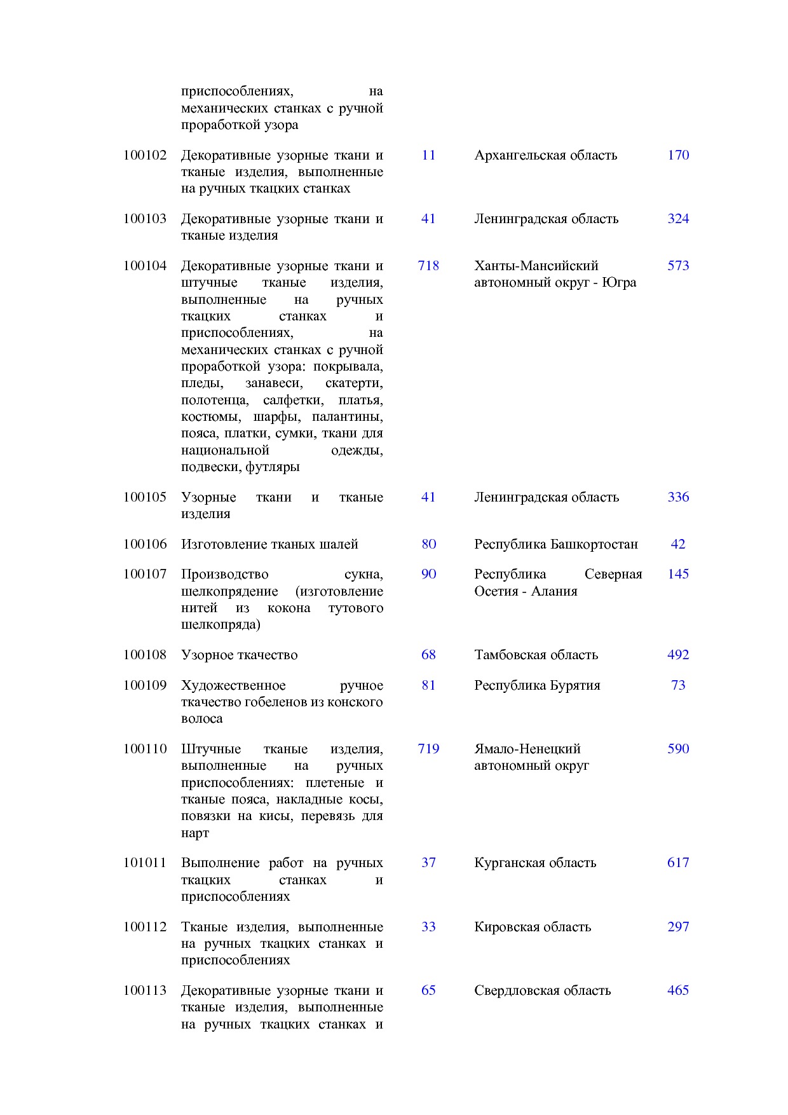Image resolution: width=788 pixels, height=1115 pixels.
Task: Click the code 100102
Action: tap(145, 155)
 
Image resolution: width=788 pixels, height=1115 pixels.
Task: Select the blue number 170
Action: tap(678, 155)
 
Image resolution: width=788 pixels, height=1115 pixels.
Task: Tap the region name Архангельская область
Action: tap(545, 155)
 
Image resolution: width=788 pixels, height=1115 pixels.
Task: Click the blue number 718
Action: tap(428, 266)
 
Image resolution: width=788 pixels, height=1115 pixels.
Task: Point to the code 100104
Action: tap(145, 266)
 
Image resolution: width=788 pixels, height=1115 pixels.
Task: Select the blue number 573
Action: tap(678, 266)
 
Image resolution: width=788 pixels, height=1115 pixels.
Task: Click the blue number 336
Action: tap(678, 497)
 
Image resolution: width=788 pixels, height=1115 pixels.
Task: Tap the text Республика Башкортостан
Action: tap(555, 544)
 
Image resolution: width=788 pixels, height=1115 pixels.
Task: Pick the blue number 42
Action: tap(678, 544)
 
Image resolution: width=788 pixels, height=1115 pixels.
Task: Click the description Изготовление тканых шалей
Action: tap(269, 544)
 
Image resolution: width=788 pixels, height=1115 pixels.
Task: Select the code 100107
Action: tap(145, 574)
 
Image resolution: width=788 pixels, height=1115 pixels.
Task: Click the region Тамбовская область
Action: tap(536, 655)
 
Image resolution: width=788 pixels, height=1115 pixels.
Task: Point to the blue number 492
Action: tap(678, 655)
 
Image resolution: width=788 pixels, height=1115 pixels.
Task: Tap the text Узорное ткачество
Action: tap(239, 655)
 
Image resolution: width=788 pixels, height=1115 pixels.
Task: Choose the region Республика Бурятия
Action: tap(537, 685)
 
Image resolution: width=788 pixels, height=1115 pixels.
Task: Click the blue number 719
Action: tap(428, 749)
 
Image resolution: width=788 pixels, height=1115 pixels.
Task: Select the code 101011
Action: tap(145, 863)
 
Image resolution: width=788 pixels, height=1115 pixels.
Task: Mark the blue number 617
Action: tap(678, 863)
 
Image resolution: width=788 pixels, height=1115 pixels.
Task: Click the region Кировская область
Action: tap(533, 927)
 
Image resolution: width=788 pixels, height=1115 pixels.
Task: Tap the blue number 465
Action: tap(678, 990)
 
